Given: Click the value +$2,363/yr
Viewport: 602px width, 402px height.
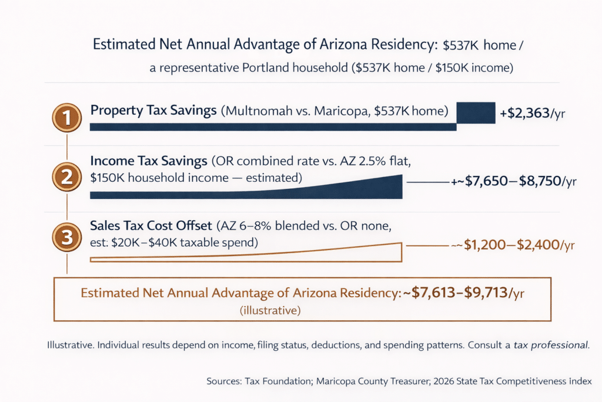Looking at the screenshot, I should click(532, 114).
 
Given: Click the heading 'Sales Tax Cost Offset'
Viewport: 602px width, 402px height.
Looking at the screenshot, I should click(151, 226).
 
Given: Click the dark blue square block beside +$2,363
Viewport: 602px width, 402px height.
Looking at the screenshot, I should click(476, 112).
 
